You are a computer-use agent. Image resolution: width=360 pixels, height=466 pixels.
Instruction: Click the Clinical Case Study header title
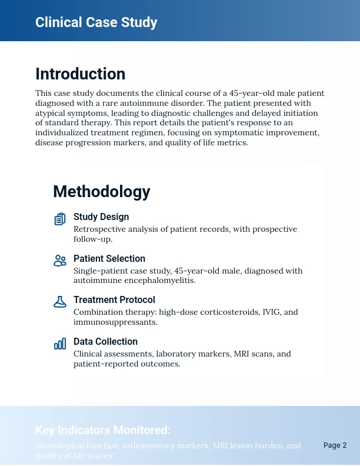point(96,22)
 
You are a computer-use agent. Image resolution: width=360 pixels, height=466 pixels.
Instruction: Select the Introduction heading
point(80,74)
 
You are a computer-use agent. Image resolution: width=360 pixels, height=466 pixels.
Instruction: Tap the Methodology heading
point(101,192)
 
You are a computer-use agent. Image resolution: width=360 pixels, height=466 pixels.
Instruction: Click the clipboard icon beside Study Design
point(60,219)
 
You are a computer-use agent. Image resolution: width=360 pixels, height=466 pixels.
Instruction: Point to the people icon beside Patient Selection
point(60,261)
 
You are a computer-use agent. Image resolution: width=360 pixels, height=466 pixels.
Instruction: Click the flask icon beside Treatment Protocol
point(60,302)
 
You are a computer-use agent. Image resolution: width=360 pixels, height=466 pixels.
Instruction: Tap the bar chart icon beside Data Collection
point(60,344)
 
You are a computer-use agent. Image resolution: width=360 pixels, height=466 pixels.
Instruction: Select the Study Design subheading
point(101,217)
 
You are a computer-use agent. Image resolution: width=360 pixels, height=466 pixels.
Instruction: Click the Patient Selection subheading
point(109,259)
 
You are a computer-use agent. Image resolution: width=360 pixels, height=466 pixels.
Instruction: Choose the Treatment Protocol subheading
point(114,300)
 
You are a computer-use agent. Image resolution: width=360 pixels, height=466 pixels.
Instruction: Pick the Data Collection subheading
point(105,342)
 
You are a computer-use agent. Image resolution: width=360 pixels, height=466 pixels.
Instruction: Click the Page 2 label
point(335,445)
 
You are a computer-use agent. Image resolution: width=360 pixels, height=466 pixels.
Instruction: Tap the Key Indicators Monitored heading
point(103,430)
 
